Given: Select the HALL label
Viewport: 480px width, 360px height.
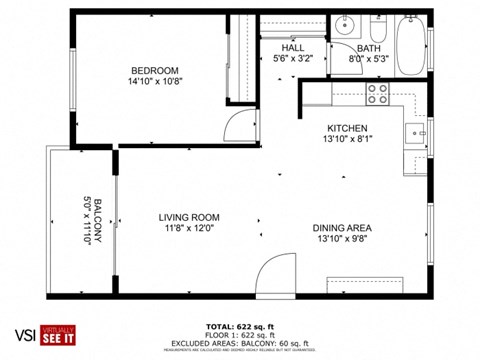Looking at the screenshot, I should pyautogui.click(x=293, y=47).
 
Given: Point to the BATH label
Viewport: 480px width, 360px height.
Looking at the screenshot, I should pyautogui.click(x=369, y=47).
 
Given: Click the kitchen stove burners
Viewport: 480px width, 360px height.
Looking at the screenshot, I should pyautogui.click(x=378, y=93).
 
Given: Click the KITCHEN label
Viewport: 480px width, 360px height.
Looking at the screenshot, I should pyautogui.click(x=348, y=128).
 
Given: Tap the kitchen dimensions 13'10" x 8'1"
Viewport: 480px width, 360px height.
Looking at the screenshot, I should pyautogui.click(x=348, y=141).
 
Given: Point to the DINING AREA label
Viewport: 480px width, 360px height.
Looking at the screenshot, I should pyautogui.click(x=342, y=227).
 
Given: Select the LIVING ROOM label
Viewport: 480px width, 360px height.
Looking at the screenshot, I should pyautogui.click(x=189, y=217).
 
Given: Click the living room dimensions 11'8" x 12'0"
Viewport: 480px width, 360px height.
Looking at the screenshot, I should pyautogui.click(x=189, y=230).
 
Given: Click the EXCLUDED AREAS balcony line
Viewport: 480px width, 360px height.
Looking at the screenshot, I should pyautogui.click(x=239, y=343).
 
